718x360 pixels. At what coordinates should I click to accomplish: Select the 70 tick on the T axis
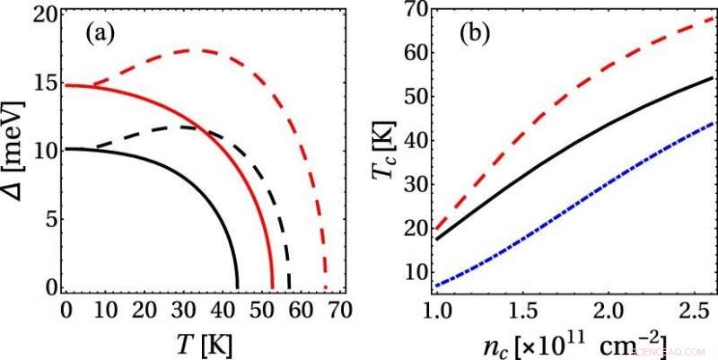(338, 310)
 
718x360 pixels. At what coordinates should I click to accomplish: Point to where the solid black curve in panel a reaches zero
(238, 288)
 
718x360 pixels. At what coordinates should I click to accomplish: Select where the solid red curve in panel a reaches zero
(274, 288)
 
